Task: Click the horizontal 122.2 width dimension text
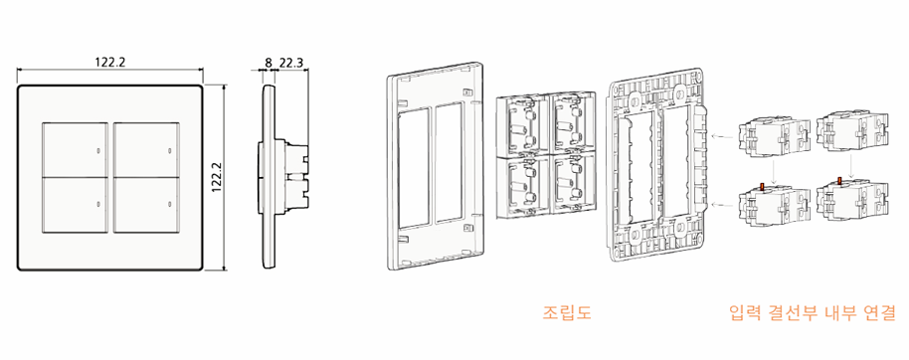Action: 109,61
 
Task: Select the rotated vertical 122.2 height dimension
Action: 217,177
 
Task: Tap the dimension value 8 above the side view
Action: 268,62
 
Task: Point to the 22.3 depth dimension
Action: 291,62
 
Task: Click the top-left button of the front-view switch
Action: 76,149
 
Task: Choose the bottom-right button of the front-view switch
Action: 146,205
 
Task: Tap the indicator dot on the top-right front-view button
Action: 169,151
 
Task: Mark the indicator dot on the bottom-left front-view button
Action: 98,205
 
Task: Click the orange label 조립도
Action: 567,313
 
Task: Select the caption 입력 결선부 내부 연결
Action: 812,313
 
